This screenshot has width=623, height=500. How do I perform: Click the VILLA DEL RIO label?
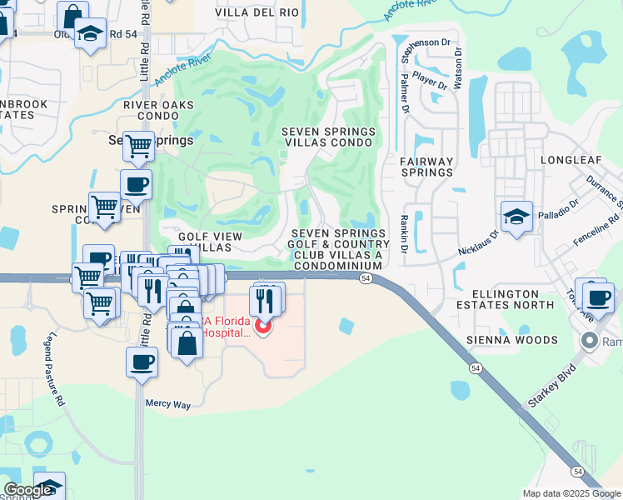tap(257, 12)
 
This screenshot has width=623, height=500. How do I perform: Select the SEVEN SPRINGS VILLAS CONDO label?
tap(328, 137)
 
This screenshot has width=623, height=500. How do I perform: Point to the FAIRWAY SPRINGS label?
tap(426, 167)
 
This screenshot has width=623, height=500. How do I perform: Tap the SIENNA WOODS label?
tap(511, 340)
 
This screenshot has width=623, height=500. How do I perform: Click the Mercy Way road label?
tap(168, 404)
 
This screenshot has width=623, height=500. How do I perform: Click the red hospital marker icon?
tap(262, 325)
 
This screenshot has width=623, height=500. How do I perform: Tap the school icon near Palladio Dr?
tap(516, 217)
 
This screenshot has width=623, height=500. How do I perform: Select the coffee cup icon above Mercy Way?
tap(142, 362)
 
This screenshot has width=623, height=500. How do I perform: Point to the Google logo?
tap(27, 491)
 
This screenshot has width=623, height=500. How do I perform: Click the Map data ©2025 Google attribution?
tap(571, 493)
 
